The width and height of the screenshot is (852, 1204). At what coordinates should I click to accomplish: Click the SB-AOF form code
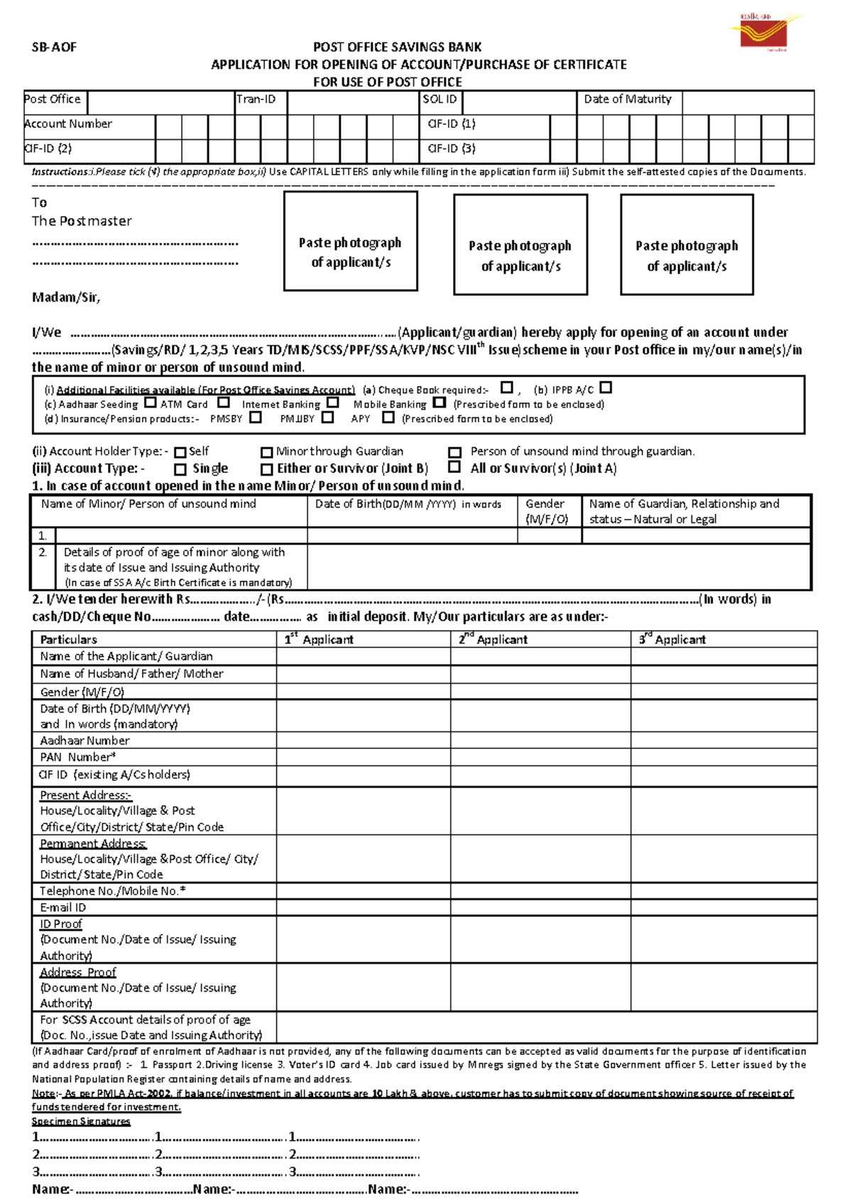(54, 48)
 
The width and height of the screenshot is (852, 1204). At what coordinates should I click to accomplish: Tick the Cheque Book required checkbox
(506, 388)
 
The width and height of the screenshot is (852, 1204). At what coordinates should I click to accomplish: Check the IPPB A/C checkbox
(605, 388)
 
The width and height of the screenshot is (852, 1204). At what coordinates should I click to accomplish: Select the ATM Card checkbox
(224, 403)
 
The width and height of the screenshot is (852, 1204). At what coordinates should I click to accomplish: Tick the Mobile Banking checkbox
(439, 403)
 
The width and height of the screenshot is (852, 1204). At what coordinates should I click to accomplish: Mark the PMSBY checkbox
(256, 417)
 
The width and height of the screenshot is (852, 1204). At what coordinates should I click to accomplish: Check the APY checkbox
(388, 417)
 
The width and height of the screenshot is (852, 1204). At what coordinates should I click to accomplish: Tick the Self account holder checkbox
(180, 452)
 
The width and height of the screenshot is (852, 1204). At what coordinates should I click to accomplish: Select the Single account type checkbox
(180, 469)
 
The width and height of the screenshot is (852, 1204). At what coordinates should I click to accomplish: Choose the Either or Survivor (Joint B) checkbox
(267, 469)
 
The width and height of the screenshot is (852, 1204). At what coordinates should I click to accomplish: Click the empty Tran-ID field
(353, 102)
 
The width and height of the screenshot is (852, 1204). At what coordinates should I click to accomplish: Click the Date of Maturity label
(628, 99)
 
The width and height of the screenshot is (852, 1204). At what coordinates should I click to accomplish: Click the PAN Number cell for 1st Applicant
(363, 757)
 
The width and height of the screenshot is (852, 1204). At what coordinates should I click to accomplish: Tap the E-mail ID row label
(63, 907)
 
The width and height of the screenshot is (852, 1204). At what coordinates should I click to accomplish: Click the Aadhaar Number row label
(84, 740)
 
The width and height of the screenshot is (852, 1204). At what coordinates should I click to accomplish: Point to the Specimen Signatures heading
(81, 1122)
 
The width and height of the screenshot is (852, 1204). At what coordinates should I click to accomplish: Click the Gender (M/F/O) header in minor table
(546, 510)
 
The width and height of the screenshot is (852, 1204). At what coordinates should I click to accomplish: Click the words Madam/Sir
(66, 297)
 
